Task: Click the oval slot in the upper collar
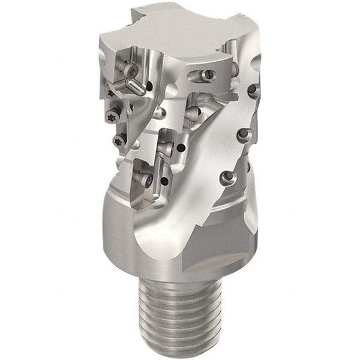201,75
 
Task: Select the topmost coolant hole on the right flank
253,91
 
